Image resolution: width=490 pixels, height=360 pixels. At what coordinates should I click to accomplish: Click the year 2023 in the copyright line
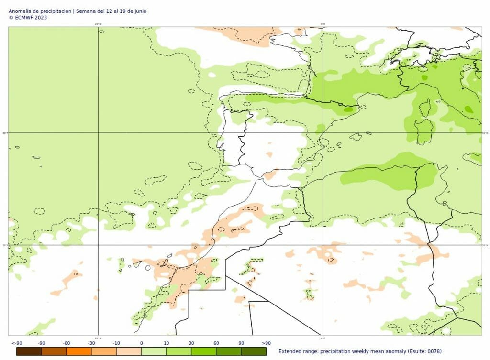[41, 17]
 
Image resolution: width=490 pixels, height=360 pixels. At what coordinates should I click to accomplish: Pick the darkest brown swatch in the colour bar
[29, 351]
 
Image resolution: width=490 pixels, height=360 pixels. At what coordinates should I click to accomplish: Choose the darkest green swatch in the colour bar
[254, 351]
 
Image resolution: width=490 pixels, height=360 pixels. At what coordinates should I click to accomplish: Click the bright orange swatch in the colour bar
[78, 351]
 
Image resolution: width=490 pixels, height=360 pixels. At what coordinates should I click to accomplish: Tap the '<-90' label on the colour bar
[17, 343]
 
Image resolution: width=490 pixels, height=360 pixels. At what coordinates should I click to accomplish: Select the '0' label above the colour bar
[141, 343]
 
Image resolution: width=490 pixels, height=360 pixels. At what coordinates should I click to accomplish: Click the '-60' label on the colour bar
[67, 343]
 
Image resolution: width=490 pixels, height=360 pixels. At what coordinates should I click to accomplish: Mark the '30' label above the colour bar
[191, 343]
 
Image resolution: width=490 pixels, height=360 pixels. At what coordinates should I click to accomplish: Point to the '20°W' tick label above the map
[98, 24]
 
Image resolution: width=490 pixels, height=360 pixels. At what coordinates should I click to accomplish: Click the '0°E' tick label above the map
[323, 24]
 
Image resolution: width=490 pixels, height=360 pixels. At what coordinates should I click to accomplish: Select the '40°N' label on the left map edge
[5, 133]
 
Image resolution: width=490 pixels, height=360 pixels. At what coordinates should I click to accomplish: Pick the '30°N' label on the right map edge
[485, 245]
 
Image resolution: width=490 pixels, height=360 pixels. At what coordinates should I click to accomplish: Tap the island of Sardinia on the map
[423, 131]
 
